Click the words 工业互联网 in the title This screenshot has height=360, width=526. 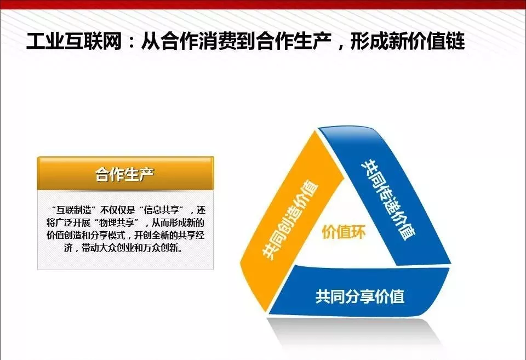[x=74, y=41]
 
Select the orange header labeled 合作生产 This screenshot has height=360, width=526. [x=125, y=174]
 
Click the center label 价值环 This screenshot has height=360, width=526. [x=344, y=231]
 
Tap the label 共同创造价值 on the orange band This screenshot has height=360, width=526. [x=290, y=220]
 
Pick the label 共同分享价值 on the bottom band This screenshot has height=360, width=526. [x=359, y=296]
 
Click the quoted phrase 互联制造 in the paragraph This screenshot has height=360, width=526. [x=74, y=210]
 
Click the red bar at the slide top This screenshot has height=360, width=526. [x=263, y=4]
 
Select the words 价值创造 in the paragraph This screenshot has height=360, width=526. [x=64, y=235]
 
